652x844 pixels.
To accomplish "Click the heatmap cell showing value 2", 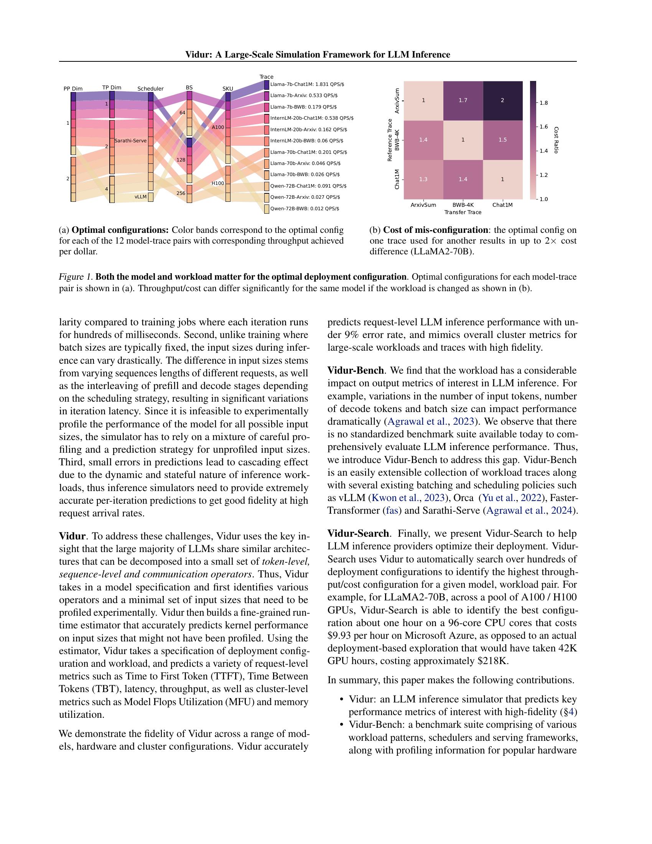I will (x=502, y=101).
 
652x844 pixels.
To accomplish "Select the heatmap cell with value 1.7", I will (x=463, y=101).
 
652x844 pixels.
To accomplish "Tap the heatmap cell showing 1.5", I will (x=502, y=140).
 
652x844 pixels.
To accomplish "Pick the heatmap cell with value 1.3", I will (x=423, y=179).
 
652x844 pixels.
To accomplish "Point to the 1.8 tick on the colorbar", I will (x=543, y=103).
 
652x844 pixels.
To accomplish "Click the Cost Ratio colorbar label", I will (x=556, y=140).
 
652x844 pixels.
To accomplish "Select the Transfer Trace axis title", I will (x=463, y=212).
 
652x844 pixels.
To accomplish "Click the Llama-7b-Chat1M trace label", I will (x=307, y=84).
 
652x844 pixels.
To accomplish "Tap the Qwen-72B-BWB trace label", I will (x=305, y=209).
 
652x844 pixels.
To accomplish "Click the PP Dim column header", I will (x=73, y=89).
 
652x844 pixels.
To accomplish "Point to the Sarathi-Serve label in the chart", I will (x=130, y=141).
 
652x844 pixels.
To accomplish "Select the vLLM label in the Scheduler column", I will (x=141, y=197).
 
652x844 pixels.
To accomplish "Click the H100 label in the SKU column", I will (x=218, y=183).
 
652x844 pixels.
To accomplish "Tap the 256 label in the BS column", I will (x=181, y=193).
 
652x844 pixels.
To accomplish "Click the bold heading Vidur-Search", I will (x=358, y=534).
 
